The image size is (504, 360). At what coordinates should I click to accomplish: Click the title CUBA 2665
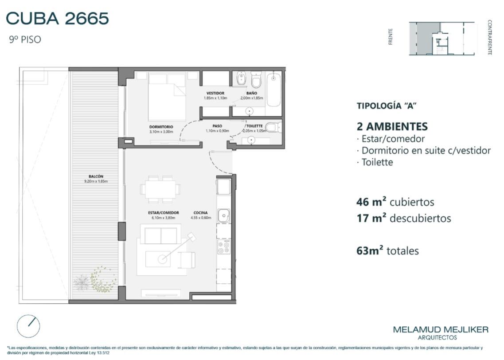pyautogui.click(x=57, y=18)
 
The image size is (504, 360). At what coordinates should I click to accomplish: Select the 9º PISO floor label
pyautogui.click(x=25, y=39)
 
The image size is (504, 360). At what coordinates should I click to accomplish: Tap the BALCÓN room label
pyautogui.click(x=96, y=176)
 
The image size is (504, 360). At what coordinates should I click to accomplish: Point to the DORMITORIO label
pyautogui.click(x=161, y=127)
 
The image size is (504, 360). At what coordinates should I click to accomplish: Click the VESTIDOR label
pyautogui.click(x=215, y=93)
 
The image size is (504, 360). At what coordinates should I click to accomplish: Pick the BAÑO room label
pyautogui.click(x=252, y=93)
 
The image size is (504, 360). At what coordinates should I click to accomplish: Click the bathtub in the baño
pyautogui.click(x=273, y=89)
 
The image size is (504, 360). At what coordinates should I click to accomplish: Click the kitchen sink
pyautogui.click(x=223, y=215)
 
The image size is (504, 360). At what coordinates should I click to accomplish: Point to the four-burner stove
pyautogui.click(x=224, y=247)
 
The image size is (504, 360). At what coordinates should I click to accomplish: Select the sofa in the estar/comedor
pyautogui.click(x=160, y=235)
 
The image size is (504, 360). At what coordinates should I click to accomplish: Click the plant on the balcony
pyautogui.click(x=95, y=280)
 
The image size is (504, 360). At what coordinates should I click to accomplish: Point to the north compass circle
pyautogui.click(x=28, y=326)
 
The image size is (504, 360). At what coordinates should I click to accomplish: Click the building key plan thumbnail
pyautogui.click(x=441, y=39)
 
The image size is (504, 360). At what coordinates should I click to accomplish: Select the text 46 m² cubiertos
pyautogui.click(x=395, y=202)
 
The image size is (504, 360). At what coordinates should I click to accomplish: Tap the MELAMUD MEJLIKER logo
pyautogui.click(x=441, y=333)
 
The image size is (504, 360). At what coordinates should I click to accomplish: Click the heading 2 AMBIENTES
pyautogui.click(x=392, y=126)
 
